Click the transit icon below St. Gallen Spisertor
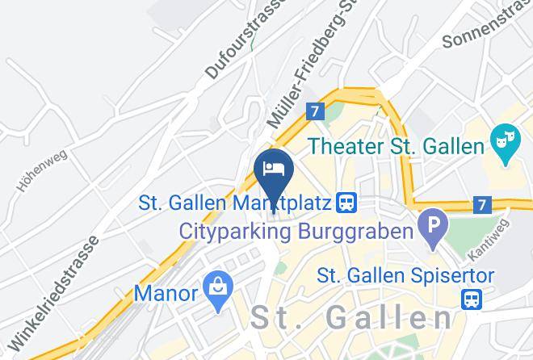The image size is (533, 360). click(471, 299)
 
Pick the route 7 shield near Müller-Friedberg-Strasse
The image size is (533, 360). click(316, 111)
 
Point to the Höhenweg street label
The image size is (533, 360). click(41, 170)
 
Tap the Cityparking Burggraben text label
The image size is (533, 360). click(296, 232)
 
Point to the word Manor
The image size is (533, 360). click(166, 292)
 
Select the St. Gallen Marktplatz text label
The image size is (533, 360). click(235, 202)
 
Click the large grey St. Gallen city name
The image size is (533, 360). click(350, 317)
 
